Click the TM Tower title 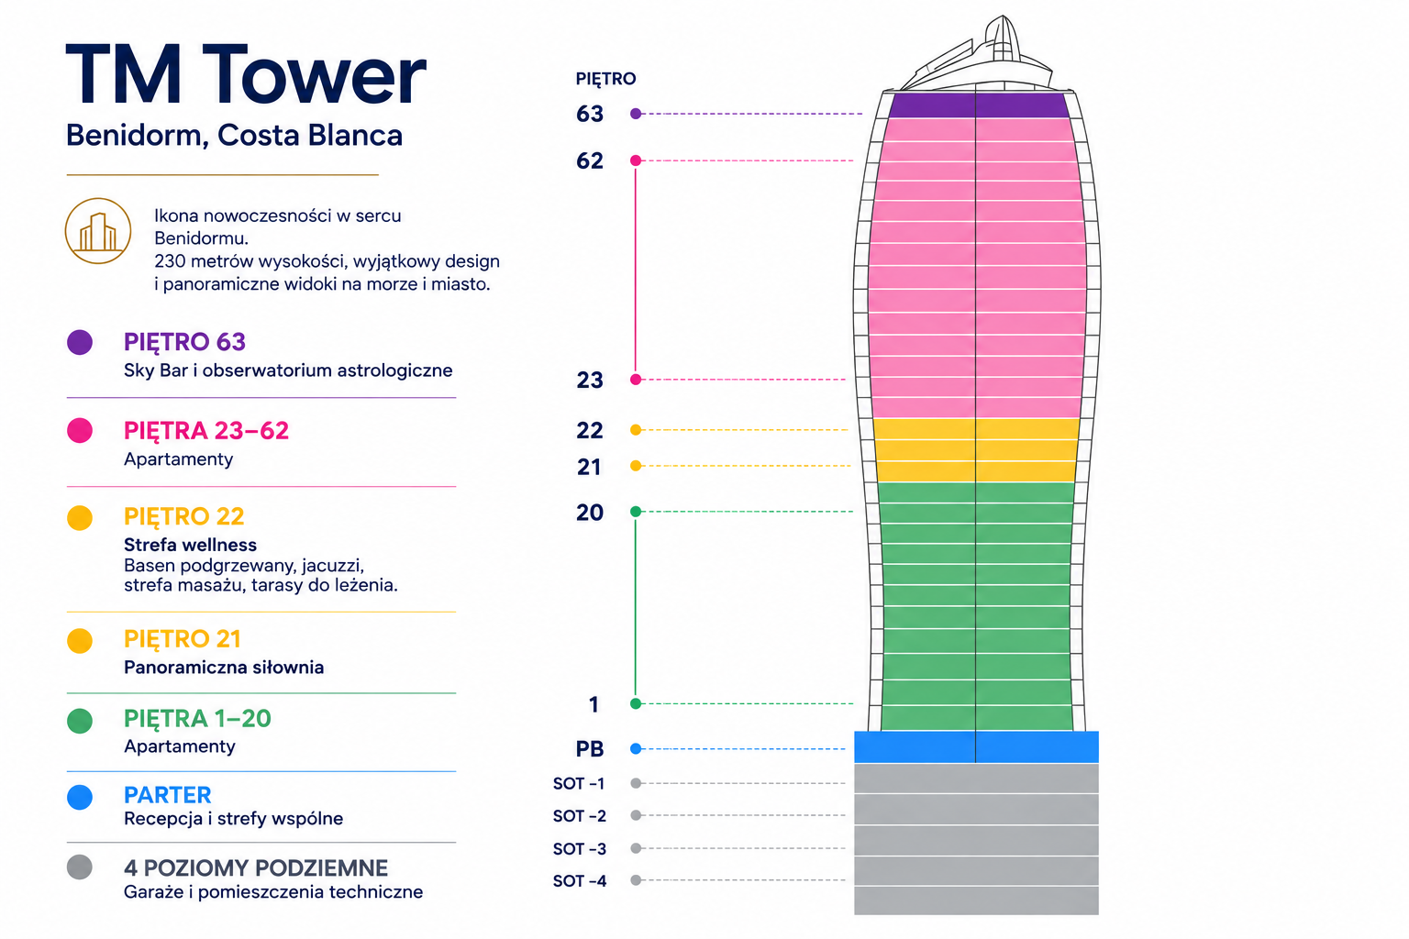(x=246, y=74)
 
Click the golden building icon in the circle (x=98, y=231)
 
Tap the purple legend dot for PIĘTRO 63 (x=80, y=342)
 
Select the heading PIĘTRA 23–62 (x=206, y=431)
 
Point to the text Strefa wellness (x=190, y=545)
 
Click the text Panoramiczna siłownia (x=224, y=667)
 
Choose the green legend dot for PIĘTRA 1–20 (x=80, y=721)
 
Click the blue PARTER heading (x=167, y=795)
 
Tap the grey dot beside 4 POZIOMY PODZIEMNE (x=80, y=867)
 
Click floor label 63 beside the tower (x=590, y=114)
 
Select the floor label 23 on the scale (x=590, y=380)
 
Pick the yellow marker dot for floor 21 (x=636, y=466)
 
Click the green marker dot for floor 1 (x=636, y=703)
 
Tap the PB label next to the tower (x=590, y=749)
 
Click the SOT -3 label (x=580, y=848)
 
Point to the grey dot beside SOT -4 (x=636, y=880)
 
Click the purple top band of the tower (x=979, y=105)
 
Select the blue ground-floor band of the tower (x=976, y=747)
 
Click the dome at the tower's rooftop (x=1002, y=39)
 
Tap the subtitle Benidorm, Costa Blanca (x=234, y=135)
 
